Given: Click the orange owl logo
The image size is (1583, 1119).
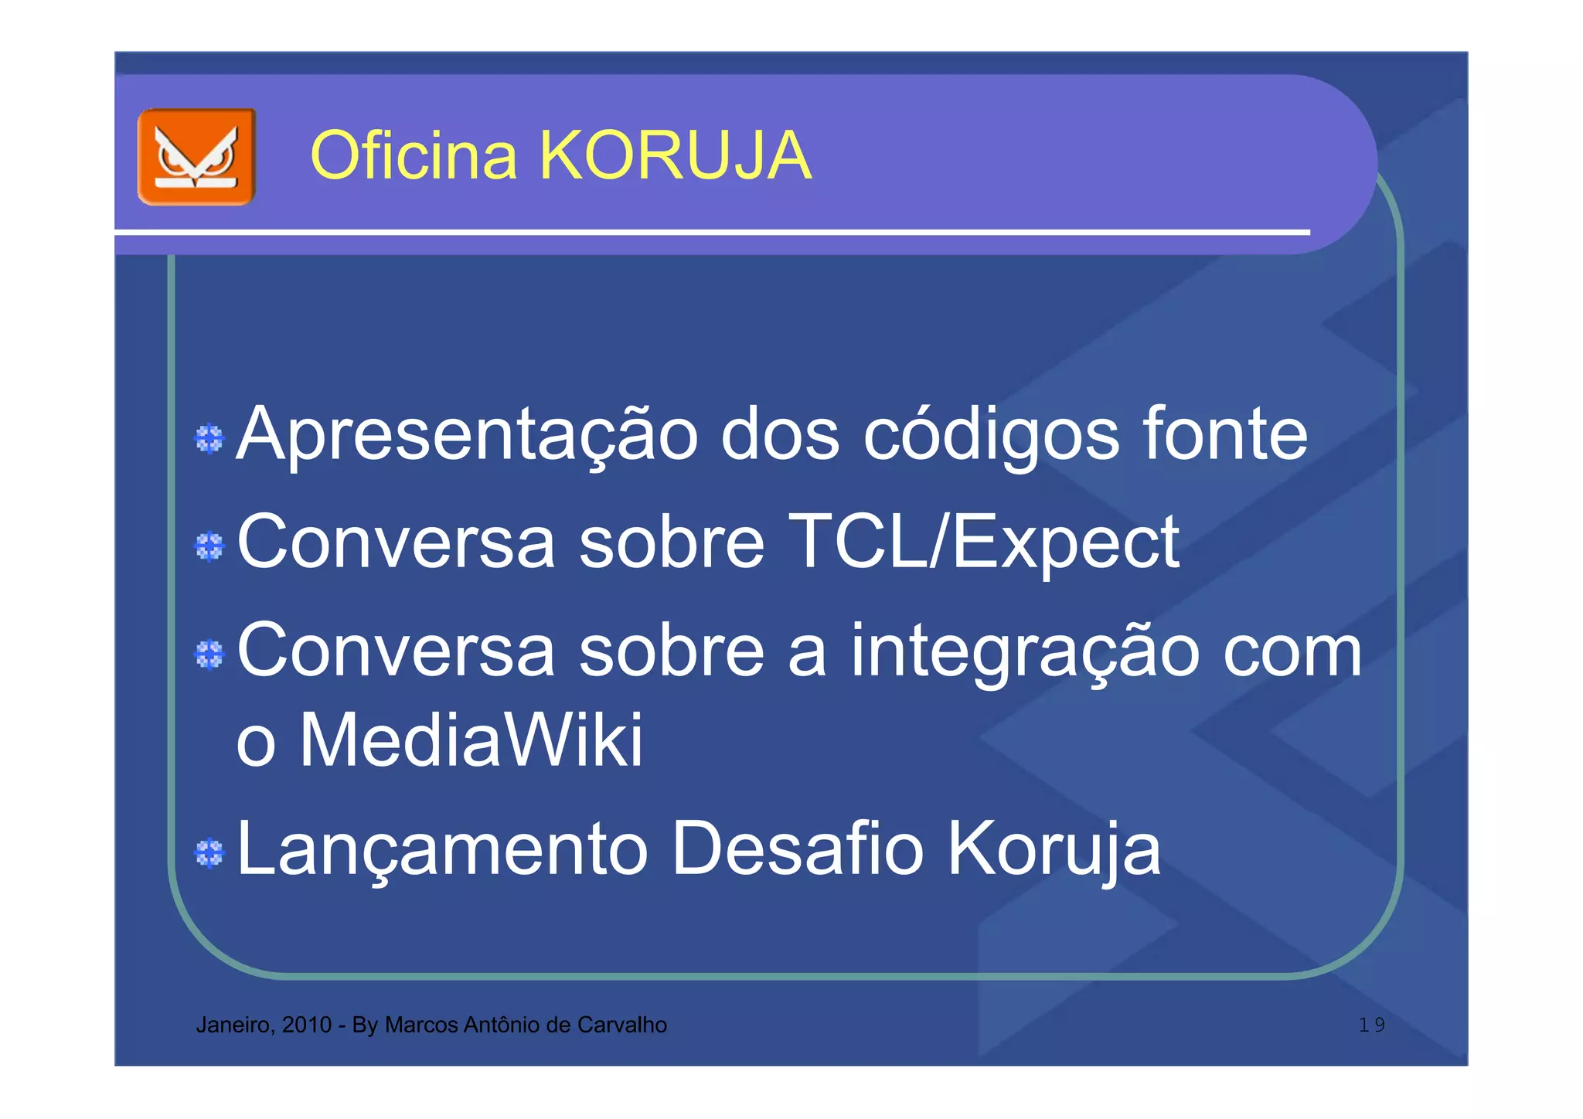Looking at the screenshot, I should click(x=196, y=157).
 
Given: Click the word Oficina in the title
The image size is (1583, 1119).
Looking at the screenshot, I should click(x=413, y=156).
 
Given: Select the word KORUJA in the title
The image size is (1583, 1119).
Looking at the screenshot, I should click(x=675, y=156).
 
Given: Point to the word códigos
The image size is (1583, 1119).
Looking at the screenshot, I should click(x=991, y=435).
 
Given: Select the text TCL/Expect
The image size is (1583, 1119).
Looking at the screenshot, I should click(x=983, y=543).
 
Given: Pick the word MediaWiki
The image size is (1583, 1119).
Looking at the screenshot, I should click(x=471, y=740).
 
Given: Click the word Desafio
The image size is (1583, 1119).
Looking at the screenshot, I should click(x=797, y=850).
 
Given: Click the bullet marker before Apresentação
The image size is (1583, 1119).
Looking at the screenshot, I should click(x=209, y=439).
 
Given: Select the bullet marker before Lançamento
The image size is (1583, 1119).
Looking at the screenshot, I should click(x=209, y=854).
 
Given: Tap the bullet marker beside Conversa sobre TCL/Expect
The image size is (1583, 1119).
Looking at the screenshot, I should click(x=209, y=546).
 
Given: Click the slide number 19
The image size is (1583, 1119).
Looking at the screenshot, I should click(x=1371, y=1025).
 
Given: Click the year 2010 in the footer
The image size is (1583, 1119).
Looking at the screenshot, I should click(x=307, y=1025).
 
